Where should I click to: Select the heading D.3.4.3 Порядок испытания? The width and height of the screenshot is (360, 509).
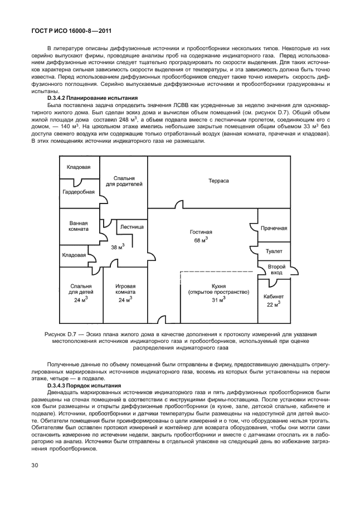[x=79, y=385]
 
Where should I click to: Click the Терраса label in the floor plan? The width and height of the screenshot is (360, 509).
[x=219, y=181]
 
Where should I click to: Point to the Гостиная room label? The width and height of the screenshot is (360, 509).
[x=201, y=231]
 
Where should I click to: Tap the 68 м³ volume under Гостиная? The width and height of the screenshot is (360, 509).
[x=201, y=240]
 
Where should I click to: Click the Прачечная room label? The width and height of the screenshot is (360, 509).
[x=274, y=228]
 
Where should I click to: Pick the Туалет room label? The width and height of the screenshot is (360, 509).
[x=274, y=251]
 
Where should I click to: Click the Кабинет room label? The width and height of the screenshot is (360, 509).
[x=274, y=297]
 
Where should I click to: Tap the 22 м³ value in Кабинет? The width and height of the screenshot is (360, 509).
[x=274, y=305]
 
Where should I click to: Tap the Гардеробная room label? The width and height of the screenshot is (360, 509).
[x=79, y=192]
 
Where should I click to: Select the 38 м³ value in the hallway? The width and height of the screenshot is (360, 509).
[x=118, y=247]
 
